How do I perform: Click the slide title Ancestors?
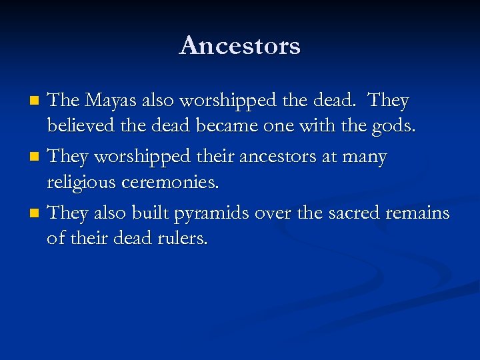[x=240, y=45]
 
